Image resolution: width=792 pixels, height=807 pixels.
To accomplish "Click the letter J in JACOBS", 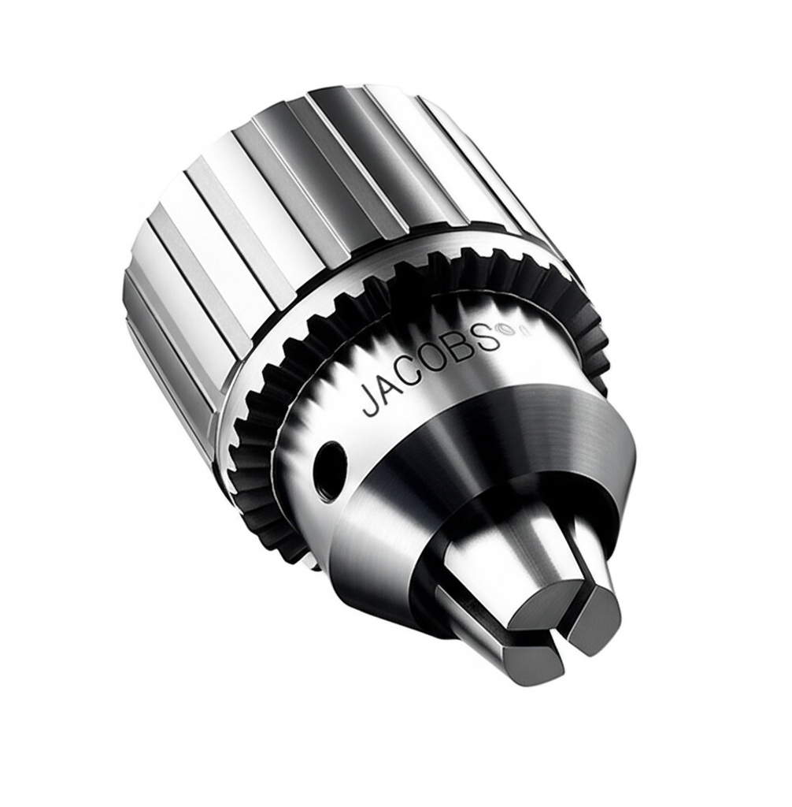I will tap(370, 401).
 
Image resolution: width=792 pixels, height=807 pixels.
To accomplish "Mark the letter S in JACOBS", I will tap(487, 337).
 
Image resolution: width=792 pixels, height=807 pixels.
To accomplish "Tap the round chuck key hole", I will tap(329, 470).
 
